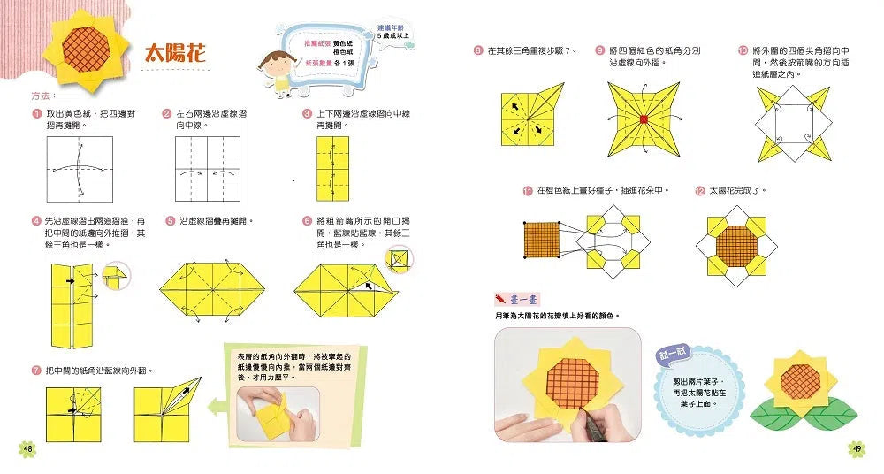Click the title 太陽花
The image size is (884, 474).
coord(175,54)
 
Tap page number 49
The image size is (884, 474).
coord(856,448)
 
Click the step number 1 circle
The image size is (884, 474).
coord(36,114)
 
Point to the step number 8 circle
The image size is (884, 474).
coord(477,51)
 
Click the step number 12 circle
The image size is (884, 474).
coord(700,190)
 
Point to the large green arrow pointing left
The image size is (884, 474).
coord(215,406)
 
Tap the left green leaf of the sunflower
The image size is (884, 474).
coord(775,409)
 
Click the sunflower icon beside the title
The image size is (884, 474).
coord(87,51)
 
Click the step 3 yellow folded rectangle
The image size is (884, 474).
coord(332,172)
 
